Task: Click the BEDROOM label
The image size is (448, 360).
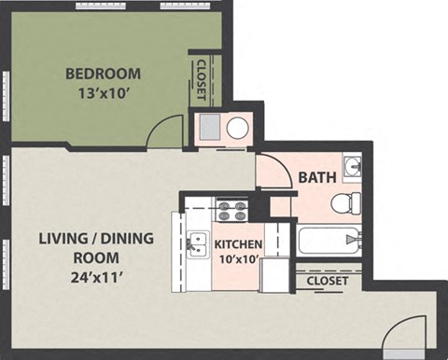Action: tap(103, 74)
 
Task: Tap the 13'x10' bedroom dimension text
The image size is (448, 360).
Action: tap(103, 92)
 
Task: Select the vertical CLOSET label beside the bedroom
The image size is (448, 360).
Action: tap(203, 80)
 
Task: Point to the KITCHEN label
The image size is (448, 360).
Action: tap(239, 245)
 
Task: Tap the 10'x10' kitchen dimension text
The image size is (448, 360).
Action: tap(239, 260)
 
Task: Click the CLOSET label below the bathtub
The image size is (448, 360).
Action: tap(326, 281)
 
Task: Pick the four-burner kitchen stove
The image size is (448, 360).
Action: tap(231, 211)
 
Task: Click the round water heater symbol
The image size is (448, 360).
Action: tap(237, 128)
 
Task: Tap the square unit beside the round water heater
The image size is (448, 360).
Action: tap(208, 128)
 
